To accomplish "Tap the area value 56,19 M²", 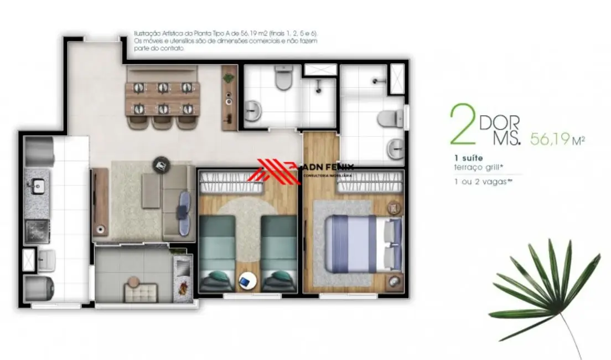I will (557, 138).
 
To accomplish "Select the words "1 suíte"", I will (467, 158).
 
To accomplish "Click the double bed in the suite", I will (363, 243).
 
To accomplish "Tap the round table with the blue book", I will (246, 282).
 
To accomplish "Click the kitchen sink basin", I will (38, 186).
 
